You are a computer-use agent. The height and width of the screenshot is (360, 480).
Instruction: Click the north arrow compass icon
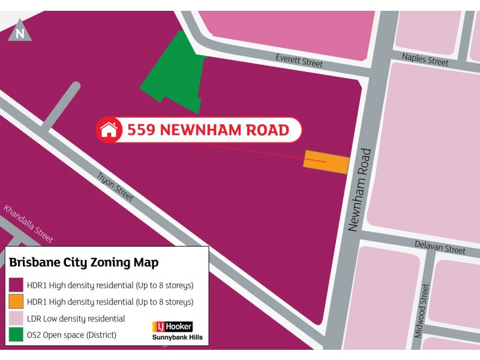pyautogui.click(x=20, y=32)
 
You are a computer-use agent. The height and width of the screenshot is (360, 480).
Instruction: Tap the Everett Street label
pyautogui.click(x=299, y=61)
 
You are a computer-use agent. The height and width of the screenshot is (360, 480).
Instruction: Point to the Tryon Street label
pyautogui.click(x=115, y=187)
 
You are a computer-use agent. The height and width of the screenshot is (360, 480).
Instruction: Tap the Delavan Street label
pyautogui.click(x=440, y=248)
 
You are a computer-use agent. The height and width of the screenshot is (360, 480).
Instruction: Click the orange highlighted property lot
pyautogui.click(x=326, y=161)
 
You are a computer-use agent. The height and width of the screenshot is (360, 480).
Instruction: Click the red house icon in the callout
pyautogui.click(x=109, y=130)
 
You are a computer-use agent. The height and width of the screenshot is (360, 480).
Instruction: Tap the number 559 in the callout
pyautogui.click(x=143, y=130)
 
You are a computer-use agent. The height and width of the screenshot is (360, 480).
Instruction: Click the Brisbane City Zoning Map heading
pyautogui.click(x=84, y=263)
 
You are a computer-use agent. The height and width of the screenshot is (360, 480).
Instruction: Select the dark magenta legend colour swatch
pyautogui.click(x=16, y=285)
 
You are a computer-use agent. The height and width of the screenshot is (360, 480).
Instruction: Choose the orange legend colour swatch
pyautogui.click(x=16, y=302)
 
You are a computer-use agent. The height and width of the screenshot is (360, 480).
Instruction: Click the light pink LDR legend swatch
pyautogui.click(x=16, y=318)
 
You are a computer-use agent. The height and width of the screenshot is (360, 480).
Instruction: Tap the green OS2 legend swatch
pyautogui.click(x=16, y=335)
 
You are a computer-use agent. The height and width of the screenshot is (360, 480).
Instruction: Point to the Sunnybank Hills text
pyautogui.click(x=177, y=337)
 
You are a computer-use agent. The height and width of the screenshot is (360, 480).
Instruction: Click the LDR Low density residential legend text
pyautogui.click(x=76, y=319)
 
